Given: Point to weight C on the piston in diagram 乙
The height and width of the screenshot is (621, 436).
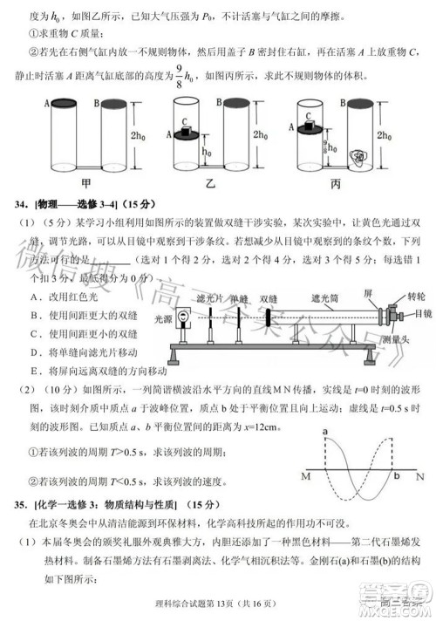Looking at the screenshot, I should click(186, 127).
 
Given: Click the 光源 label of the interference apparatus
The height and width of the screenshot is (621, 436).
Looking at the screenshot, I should click(162, 319).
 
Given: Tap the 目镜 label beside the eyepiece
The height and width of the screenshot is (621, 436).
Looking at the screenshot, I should click(421, 311).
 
